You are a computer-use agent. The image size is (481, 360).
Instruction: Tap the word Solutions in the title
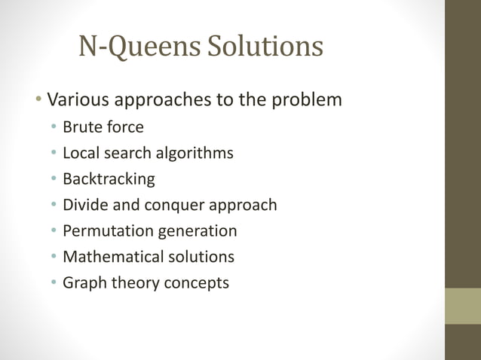[265, 47]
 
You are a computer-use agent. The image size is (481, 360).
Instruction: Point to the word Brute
[81, 127]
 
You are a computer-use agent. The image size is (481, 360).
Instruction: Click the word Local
[80, 153]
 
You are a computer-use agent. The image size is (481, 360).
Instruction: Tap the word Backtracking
[109, 179]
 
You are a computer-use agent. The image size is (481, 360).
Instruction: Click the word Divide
[84, 205]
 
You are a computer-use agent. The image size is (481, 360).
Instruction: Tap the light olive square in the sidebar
[462, 306]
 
